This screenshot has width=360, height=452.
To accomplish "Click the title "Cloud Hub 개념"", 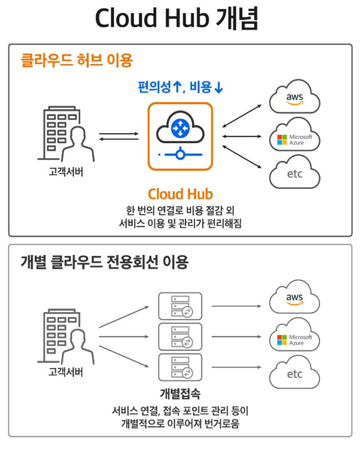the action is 176,18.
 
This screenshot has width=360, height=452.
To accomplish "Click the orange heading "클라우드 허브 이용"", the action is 77,60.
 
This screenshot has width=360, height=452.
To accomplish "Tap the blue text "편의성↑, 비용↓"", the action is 180,87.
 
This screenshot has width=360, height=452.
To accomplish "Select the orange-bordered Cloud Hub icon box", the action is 180,136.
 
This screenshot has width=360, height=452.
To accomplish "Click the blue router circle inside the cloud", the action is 180,127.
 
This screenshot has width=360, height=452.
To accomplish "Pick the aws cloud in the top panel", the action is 294,97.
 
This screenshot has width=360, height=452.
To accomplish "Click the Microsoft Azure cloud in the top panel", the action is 294,135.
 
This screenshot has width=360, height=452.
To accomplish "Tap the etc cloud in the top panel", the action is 294,172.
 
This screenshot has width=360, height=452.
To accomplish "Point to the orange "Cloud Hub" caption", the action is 180,194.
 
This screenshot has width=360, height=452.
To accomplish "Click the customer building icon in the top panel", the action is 66,134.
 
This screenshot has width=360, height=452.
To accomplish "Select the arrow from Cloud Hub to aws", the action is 242,116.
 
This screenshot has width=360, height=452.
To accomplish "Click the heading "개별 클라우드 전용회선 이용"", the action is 105,262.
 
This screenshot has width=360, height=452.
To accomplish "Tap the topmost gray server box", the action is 180,306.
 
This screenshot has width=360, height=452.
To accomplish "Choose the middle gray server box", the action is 180,336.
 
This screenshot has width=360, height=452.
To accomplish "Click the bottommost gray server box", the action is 180,367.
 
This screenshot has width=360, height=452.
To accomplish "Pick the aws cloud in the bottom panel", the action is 294,297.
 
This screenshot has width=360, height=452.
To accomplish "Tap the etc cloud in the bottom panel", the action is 294,372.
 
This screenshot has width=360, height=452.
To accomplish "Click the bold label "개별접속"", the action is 180,394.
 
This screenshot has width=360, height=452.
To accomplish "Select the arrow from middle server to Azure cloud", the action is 236,336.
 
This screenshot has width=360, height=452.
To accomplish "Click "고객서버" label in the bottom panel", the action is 66,372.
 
